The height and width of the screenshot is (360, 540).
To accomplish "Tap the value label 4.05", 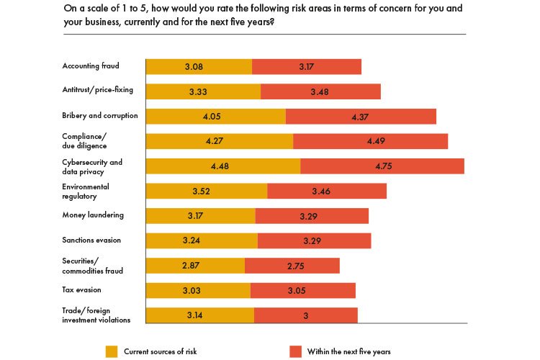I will (x=215, y=117).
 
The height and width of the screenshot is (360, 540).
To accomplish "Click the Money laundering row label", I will (x=93, y=215).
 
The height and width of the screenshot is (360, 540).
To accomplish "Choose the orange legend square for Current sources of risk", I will (x=112, y=351).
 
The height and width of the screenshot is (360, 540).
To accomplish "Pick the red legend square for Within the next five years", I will (x=295, y=351).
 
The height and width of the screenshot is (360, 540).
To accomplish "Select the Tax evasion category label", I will (x=81, y=289).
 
